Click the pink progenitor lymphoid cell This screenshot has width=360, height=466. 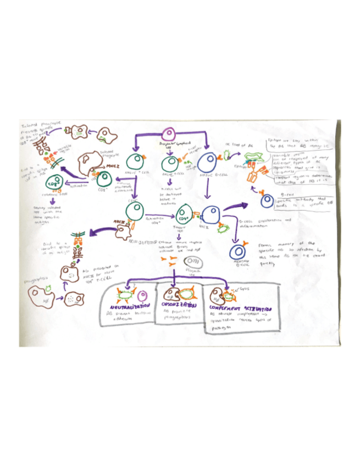coord(171,135)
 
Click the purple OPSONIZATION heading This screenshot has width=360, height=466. coord(178,304)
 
